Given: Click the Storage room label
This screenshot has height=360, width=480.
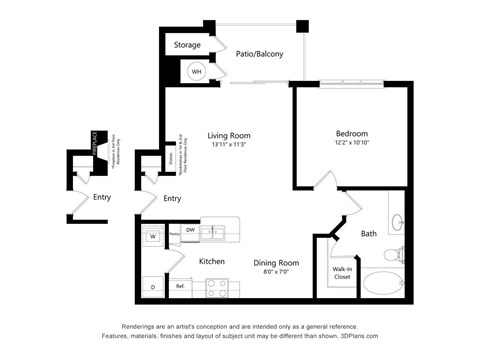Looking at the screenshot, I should click(x=187, y=45).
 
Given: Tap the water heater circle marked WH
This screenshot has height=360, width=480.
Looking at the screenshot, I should click(x=197, y=72).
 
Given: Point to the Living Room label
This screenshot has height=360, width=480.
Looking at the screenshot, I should click(x=229, y=136).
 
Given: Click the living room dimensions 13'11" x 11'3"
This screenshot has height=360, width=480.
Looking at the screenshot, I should click(x=229, y=146).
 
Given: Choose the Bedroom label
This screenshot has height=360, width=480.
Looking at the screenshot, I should click(x=352, y=134).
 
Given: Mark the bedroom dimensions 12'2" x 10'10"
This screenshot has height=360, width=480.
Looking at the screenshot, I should click(x=352, y=144).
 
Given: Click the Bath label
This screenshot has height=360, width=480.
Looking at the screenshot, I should click(x=369, y=234).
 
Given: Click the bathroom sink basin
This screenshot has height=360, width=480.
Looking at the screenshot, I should click(x=396, y=223).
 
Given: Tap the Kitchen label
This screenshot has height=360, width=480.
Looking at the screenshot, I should click(x=212, y=262).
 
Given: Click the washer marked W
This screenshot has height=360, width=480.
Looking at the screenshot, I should click(x=153, y=237).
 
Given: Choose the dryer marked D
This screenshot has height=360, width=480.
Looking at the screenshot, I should click(x=153, y=288).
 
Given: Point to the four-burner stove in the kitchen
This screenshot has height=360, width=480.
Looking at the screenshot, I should click(x=217, y=287).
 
